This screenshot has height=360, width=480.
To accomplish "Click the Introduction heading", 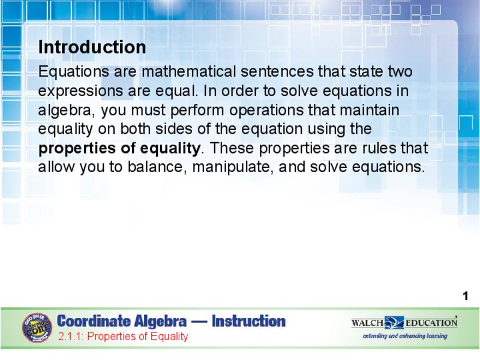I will tap(92, 47).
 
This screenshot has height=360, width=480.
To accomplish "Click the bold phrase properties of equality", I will tap(119, 148).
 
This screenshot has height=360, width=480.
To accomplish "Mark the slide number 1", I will tap(465, 296).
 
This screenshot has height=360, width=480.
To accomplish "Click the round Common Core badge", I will tap(37, 328).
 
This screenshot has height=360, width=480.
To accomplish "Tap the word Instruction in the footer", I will tap(248, 322).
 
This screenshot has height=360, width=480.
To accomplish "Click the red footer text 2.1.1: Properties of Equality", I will tap(123, 337).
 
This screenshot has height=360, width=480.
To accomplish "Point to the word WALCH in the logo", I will tap(367, 323).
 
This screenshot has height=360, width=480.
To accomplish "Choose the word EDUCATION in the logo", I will tap(431, 323).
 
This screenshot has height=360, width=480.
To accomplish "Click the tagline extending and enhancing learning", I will tap(404, 336).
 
